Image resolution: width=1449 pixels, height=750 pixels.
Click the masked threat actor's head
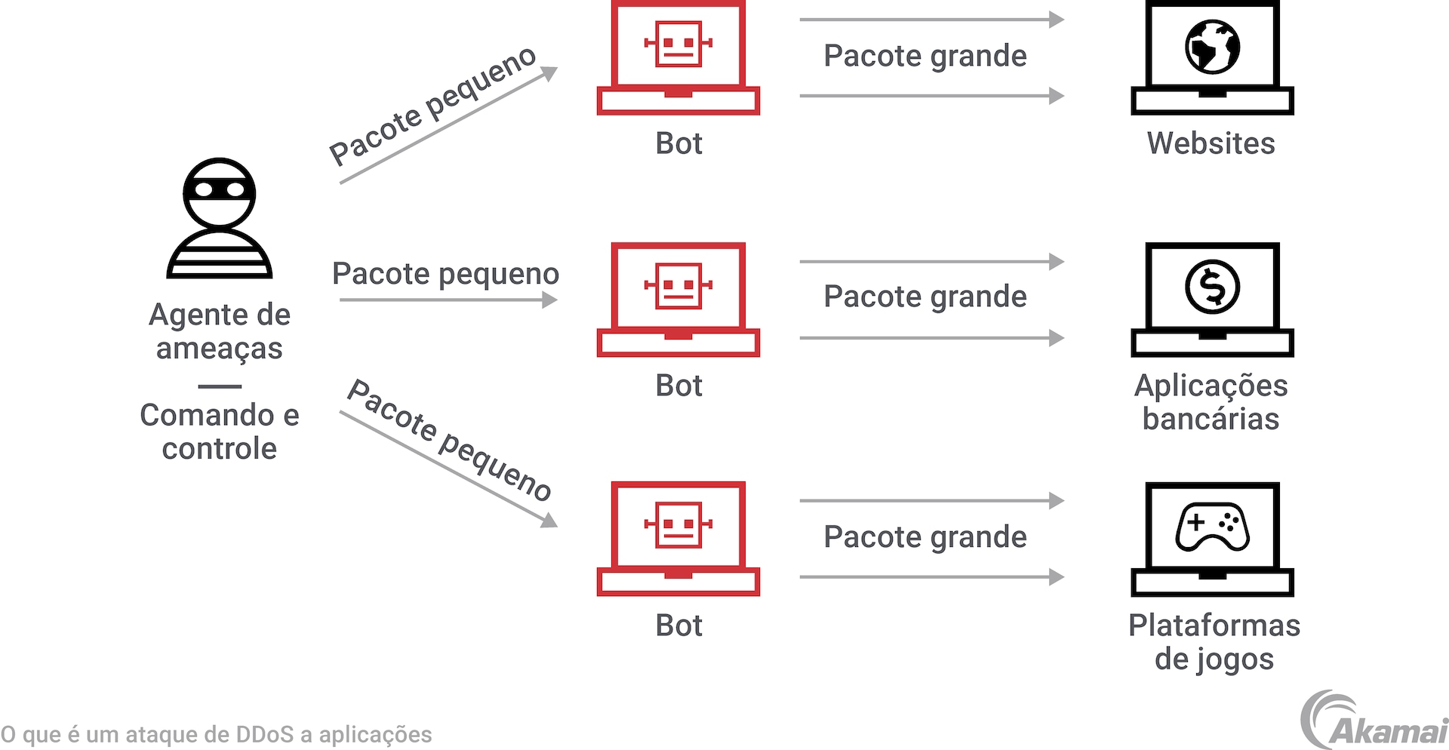point(220,192)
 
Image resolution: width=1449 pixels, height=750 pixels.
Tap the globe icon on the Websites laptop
point(1212,47)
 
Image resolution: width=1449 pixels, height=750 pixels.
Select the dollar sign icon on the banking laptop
point(1212,287)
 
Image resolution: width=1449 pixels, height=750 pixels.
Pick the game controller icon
point(1212,526)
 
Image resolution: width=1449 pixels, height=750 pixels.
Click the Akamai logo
point(1374,721)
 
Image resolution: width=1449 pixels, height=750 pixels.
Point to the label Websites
point(1211,143)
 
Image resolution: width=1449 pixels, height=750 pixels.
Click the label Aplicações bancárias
point(1211,402)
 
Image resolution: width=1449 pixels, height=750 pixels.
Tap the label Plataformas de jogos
point(1214,641)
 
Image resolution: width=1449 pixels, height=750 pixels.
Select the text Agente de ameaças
point(220,331)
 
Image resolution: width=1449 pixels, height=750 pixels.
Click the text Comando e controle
point(220,432)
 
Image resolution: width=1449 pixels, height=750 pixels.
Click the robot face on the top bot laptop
point(678,44)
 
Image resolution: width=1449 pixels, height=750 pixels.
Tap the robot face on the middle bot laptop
point(678,285)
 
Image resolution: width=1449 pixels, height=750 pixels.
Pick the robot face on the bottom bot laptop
point(678,524)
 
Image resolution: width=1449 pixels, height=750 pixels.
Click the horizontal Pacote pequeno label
point(445,275)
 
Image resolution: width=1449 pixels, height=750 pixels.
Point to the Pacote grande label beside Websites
point(925,56)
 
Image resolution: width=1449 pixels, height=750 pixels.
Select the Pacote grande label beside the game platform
point(925,537)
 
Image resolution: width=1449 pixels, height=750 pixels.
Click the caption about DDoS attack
point(217,734)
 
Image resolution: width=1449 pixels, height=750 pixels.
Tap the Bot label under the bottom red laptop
point(678,626)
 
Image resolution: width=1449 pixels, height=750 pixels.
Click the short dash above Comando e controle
point(220,386)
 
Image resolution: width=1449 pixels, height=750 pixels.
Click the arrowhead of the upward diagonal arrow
point(550,72)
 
